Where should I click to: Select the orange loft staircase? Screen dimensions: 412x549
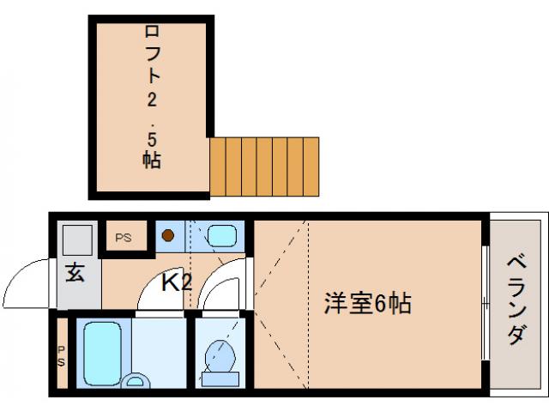264,165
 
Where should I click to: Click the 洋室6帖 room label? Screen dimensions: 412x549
367,303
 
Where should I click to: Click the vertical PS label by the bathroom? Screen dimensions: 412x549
62,355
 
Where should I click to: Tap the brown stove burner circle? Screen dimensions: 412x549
170,233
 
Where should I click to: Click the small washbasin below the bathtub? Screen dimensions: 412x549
135,380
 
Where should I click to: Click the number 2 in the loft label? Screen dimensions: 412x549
151,101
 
